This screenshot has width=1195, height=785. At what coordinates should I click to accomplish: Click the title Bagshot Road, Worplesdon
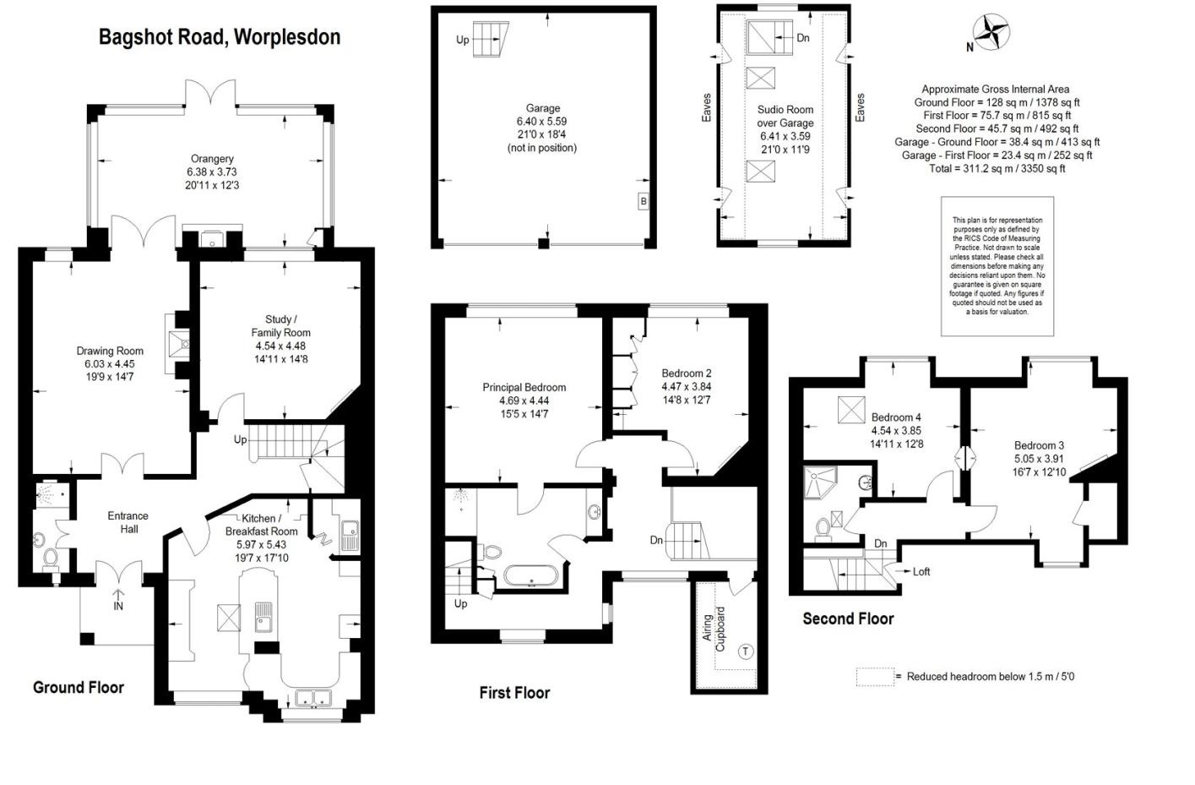220,37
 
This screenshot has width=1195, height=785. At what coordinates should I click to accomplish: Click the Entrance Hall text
128,522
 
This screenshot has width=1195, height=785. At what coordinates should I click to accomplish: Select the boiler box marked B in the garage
644,202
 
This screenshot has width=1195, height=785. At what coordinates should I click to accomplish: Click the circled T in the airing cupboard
745,651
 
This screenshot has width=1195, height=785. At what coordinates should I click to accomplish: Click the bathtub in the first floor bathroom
530,576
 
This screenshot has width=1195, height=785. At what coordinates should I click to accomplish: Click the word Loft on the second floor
921,572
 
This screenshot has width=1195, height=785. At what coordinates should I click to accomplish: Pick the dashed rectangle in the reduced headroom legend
874,677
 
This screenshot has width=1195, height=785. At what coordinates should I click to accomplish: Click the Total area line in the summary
995,168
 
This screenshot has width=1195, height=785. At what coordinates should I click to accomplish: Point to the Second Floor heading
848,619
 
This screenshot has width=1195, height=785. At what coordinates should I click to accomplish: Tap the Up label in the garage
463,40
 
